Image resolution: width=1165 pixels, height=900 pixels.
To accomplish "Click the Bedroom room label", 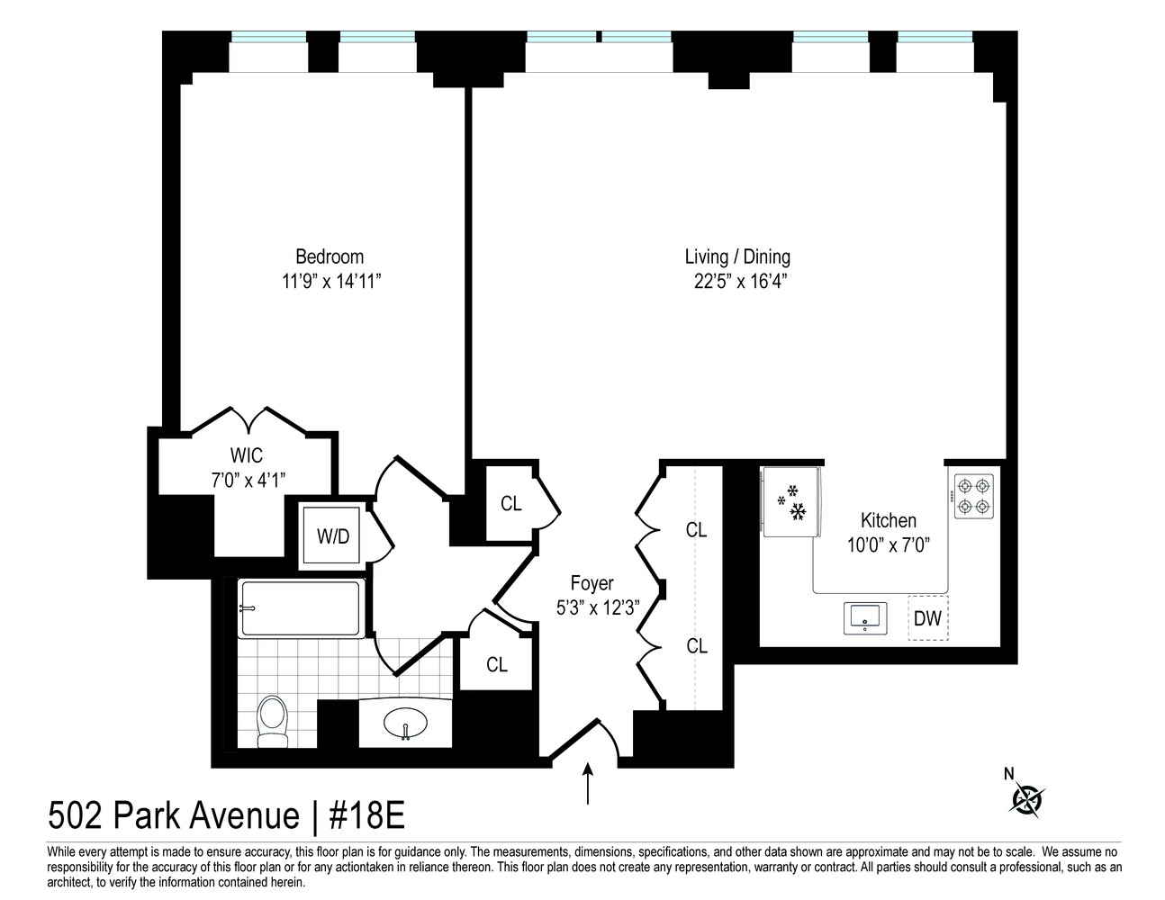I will tap(330, 256).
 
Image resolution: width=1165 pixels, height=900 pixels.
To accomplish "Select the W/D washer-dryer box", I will tap(333, 536).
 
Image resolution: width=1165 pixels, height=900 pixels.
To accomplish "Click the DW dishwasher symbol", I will tap(927, 618).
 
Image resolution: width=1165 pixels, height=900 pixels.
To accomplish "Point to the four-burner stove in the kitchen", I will tap(974, 496).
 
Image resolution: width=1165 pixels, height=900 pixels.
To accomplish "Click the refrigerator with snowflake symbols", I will tap(790, 502).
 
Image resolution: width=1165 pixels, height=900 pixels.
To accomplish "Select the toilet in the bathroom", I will tap(271, 721).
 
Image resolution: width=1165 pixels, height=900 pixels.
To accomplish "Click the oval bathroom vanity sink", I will tap(405, 723).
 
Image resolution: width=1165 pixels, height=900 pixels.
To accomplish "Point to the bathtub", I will tap(301, 608).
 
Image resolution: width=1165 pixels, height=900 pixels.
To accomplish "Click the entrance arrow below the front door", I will tap(589, 783).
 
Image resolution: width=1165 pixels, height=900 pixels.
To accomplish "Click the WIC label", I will tap(246, 455).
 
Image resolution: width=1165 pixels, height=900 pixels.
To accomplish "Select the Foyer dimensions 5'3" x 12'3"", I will tap(597, 607).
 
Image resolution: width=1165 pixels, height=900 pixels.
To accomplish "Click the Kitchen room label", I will tap(888, 520).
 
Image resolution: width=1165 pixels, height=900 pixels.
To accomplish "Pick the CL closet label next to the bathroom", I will tap(497, 664).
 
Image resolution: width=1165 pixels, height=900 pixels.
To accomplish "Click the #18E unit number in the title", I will tap(366, 816).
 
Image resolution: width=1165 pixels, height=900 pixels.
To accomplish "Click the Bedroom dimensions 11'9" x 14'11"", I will tap(332, 282).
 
